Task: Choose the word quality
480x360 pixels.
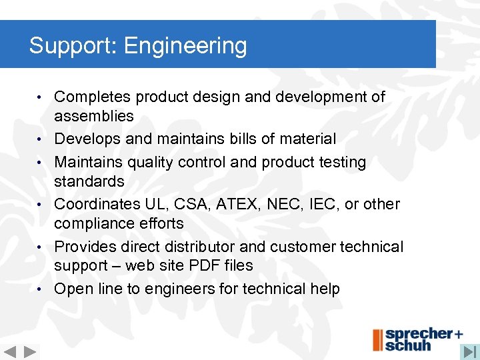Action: pos(145,162)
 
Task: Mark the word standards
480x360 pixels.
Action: pos(89,181)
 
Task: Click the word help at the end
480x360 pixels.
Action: pos(324,289)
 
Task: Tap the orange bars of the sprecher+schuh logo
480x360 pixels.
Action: pos(378,340)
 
